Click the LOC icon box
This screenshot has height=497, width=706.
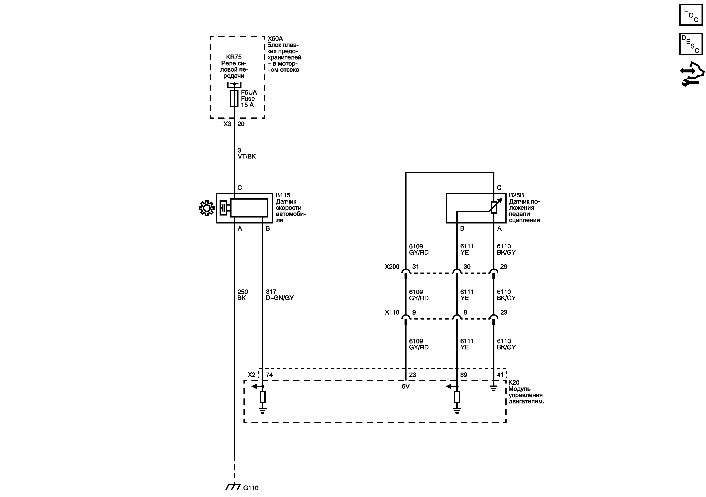691,15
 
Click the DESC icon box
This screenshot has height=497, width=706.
691,44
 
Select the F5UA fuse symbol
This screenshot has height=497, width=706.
234,99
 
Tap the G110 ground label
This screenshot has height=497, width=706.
251,488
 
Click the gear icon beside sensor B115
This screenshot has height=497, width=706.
207,208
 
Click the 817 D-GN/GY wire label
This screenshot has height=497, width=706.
280,295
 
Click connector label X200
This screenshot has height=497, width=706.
392,267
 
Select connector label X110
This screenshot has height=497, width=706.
392,312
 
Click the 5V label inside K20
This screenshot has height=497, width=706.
406,386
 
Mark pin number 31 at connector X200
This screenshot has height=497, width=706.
415,267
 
